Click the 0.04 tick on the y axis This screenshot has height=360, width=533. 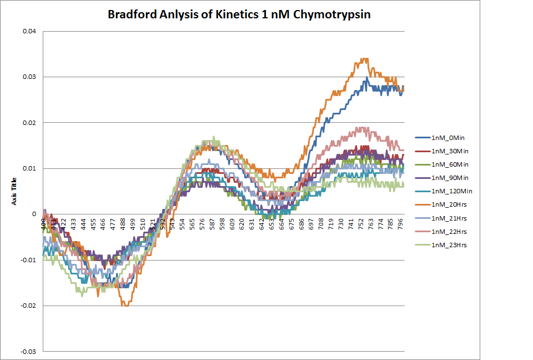tap(29, 31)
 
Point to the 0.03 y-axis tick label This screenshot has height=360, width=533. tap(29, 77)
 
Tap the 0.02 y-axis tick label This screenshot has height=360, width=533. tap(29, 123)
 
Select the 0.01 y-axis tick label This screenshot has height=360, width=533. tap(29, 168)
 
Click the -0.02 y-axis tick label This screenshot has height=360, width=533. tap(28, 306)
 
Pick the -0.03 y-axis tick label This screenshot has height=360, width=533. tap(28, 351)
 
